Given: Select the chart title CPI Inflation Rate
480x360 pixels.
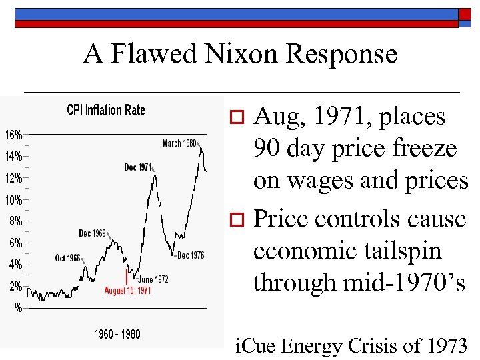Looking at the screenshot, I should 105,110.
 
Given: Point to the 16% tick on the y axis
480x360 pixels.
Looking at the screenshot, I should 14,135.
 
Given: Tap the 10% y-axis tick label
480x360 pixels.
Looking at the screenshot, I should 14,199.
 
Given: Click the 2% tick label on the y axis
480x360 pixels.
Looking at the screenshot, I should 14,285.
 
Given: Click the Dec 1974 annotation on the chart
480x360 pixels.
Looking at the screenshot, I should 139,167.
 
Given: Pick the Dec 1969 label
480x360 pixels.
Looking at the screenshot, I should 93,233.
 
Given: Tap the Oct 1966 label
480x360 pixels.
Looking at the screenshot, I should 68,257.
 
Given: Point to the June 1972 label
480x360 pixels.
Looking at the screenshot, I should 152,279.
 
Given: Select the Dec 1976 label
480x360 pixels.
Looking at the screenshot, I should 191,255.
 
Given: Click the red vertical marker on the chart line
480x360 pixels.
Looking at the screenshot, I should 126,277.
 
